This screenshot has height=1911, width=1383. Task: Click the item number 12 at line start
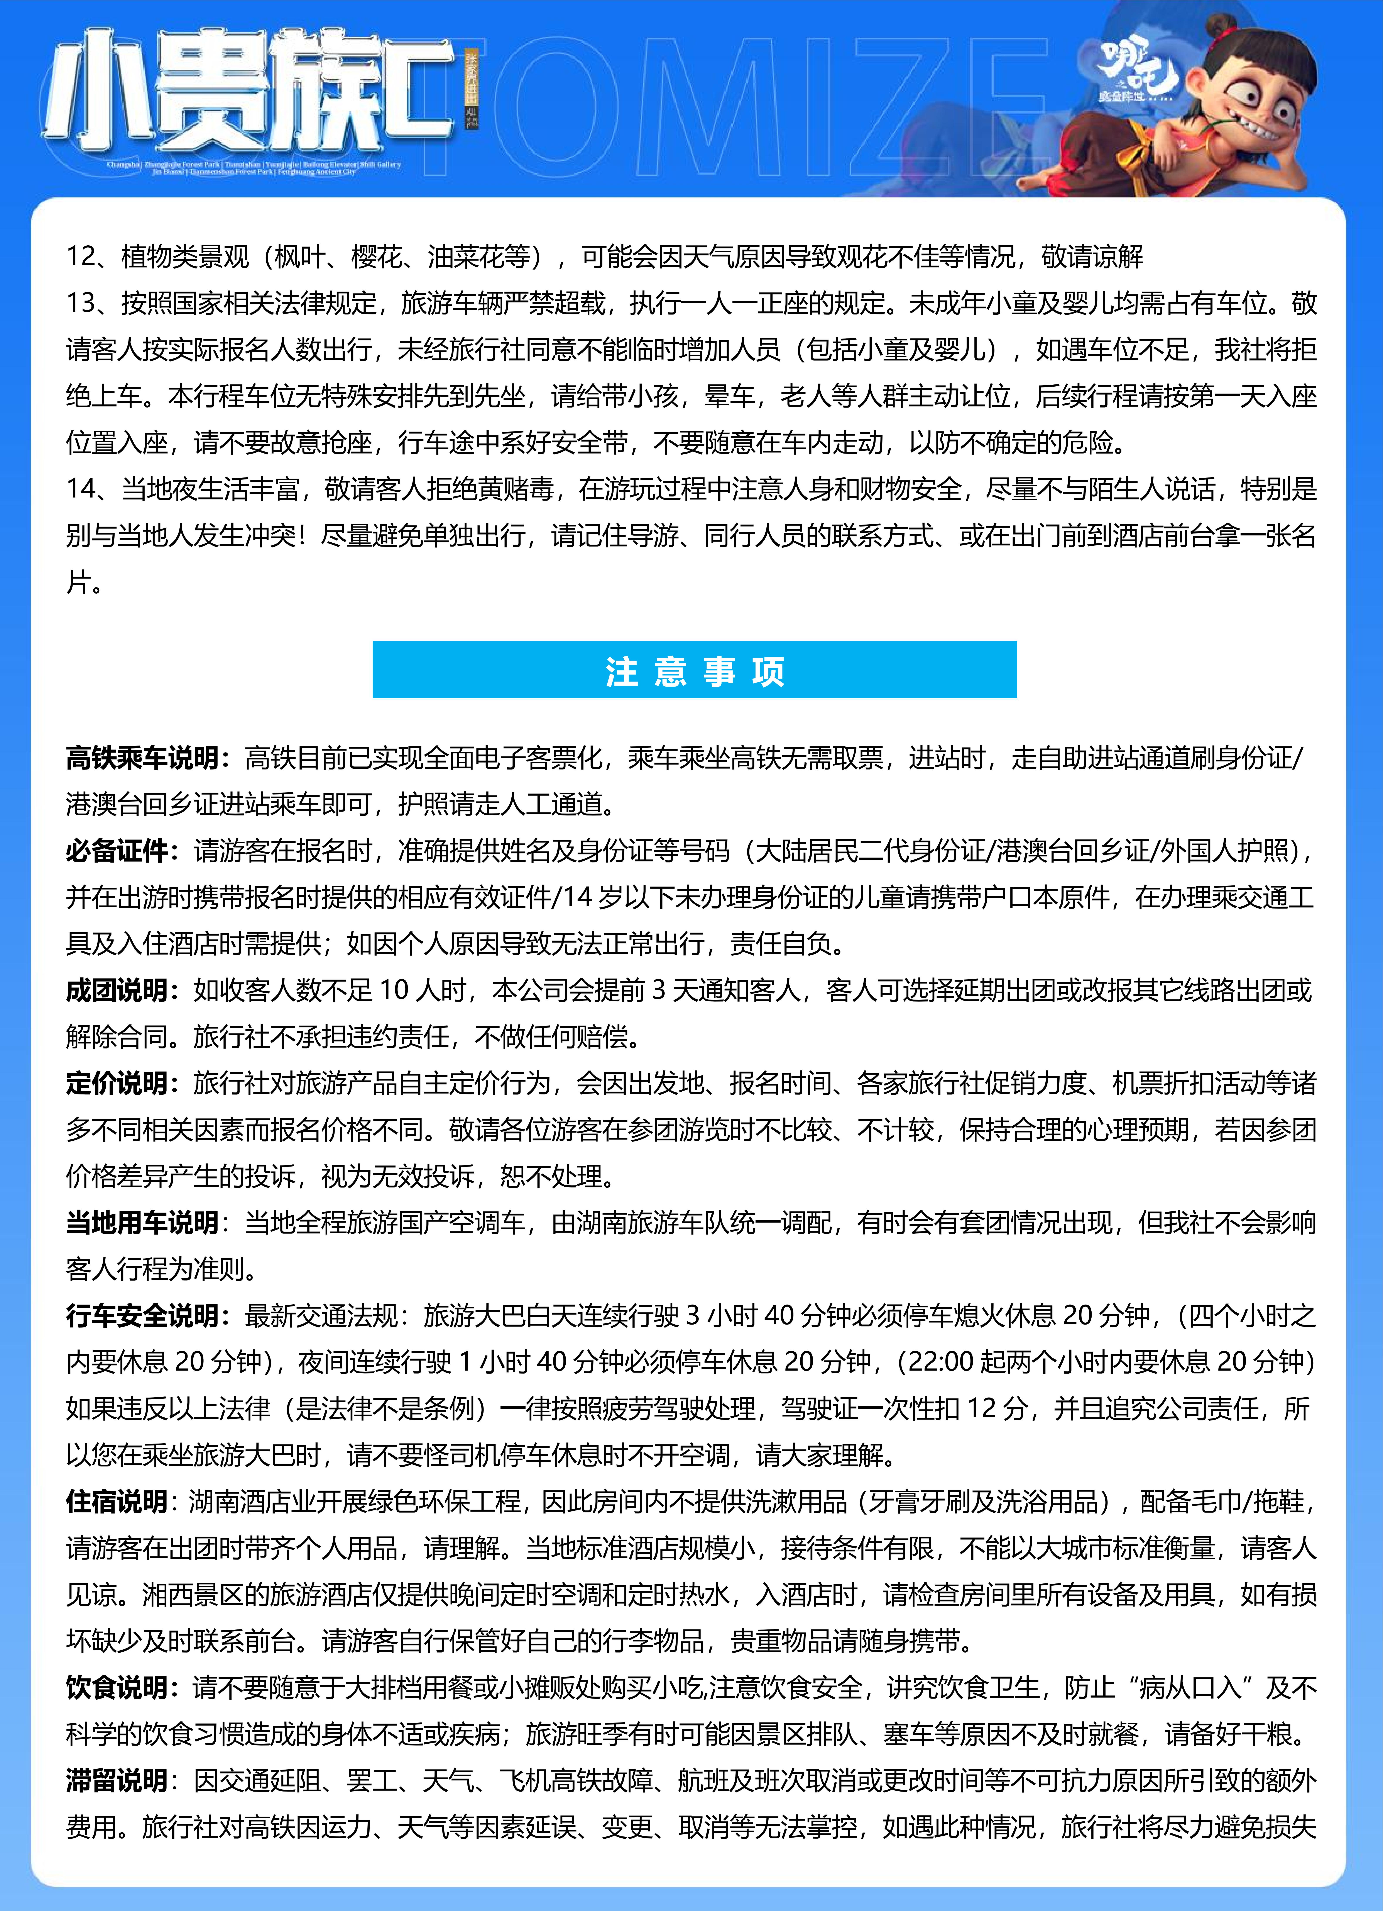tap(83, 256)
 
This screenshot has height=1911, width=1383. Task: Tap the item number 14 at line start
tap(83, 489)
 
